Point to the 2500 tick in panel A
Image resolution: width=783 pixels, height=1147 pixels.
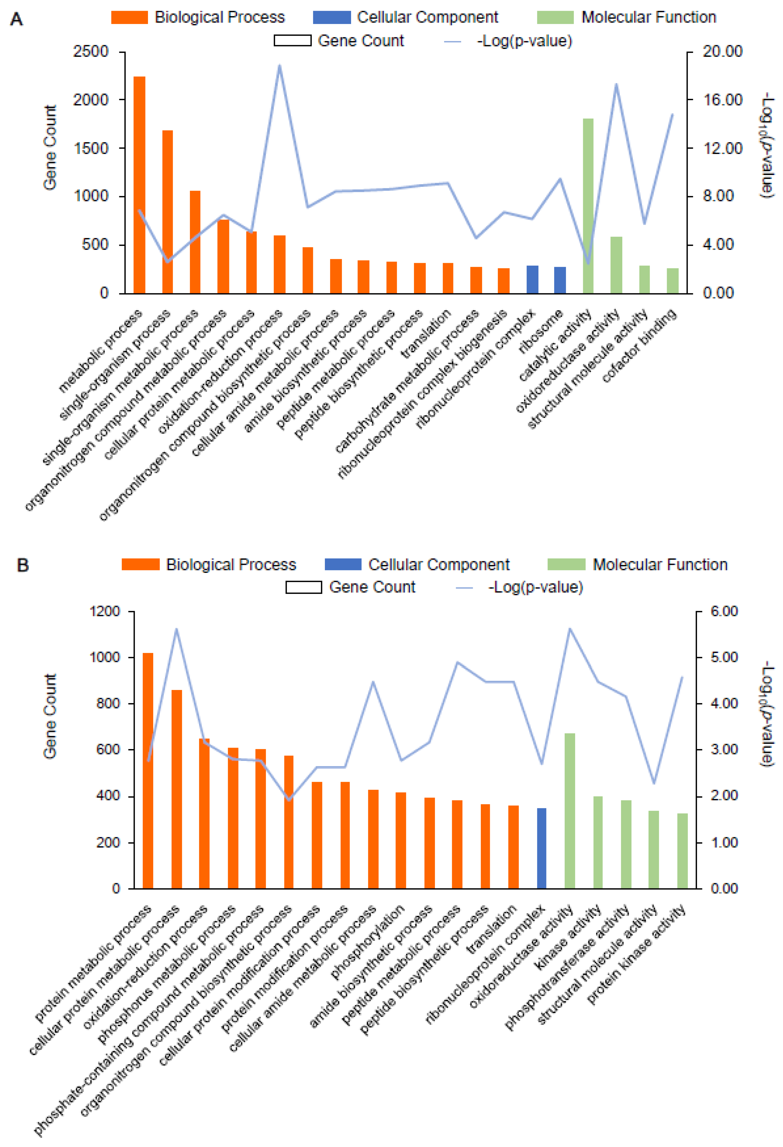pyautogui.click(x=91, y=52)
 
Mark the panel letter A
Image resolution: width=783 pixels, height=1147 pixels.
pyautogui.click(x=16, y=20)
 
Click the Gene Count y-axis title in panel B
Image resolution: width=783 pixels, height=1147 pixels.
pyautogui.click(x=50, y=716)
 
